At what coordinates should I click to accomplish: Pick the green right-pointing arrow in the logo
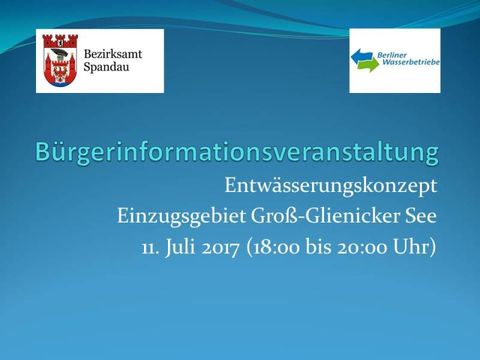point(366,68)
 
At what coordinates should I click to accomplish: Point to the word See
point(421,215)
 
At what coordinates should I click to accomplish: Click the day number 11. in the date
point(151,245)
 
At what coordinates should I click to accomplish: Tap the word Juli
point(186,245)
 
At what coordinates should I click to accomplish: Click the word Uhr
point(419,245)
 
